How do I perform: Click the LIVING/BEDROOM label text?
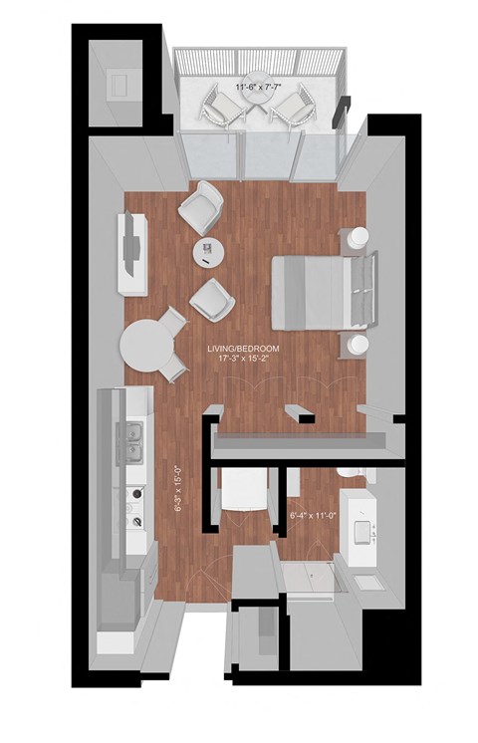click(243, 349)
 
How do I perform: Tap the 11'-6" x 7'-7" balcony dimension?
click(258, 87)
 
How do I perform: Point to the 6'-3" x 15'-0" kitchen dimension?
click(177, 490)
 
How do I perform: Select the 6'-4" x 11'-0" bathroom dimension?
click(312, 517)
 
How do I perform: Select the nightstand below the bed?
click(357, 345)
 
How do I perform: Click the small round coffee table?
click(209, 252)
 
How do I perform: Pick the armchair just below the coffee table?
click(212, 297)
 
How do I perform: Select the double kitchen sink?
click(131, 444)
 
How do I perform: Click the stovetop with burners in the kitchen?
click(130, 505)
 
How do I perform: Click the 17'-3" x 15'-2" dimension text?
click(244, 360)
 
